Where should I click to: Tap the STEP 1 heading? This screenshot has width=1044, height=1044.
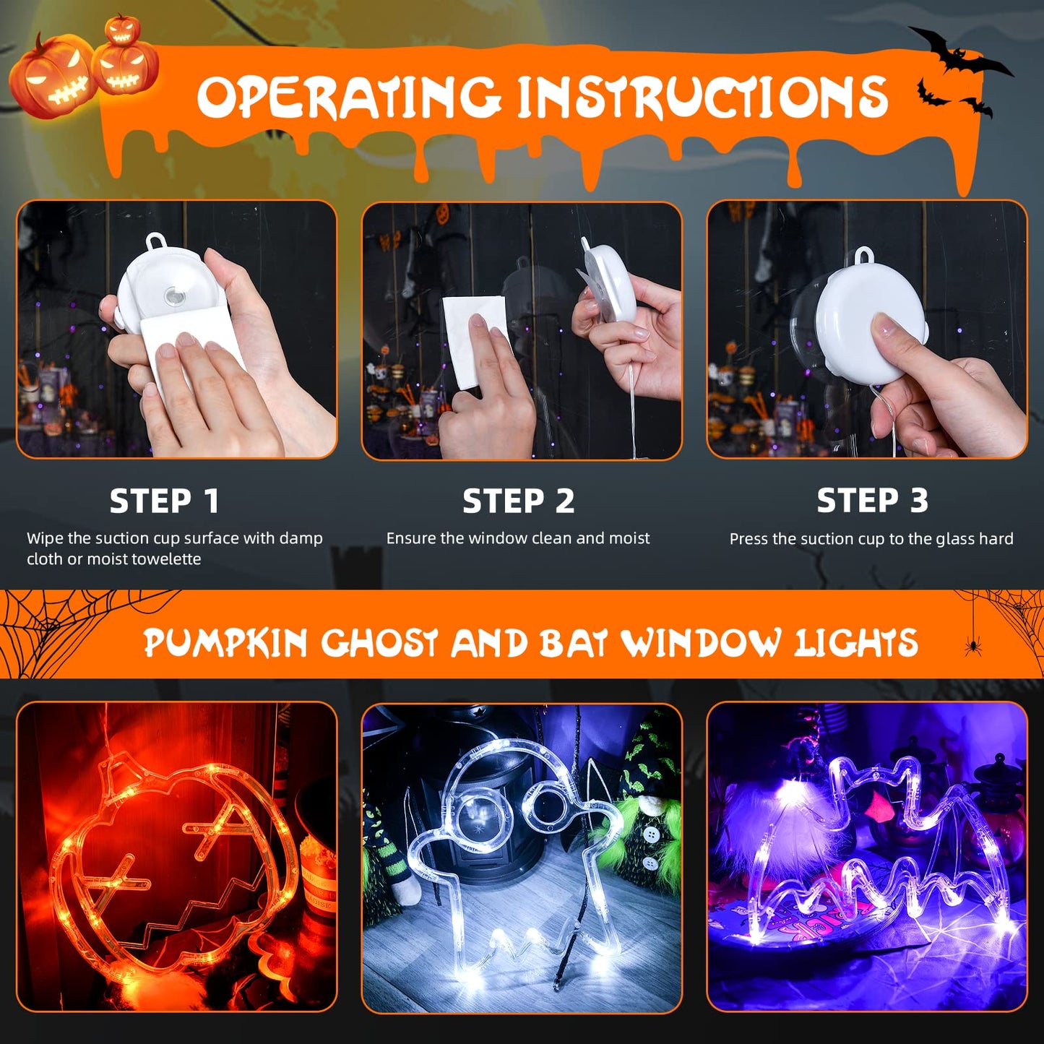(x=164, y=501)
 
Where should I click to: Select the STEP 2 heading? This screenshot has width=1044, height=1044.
(x=518, y=501)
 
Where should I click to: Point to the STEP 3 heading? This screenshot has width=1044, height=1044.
(x=872, y=500)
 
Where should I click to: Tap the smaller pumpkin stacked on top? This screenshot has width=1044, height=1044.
(x=121, y=30)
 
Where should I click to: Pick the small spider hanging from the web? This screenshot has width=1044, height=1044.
(x=972, y=645)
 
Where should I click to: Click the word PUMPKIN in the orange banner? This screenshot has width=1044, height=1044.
(x=225, y=643)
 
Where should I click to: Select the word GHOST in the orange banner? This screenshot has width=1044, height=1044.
(x=379, y=643)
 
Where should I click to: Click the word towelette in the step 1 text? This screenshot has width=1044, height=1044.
(x=165, y=559)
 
